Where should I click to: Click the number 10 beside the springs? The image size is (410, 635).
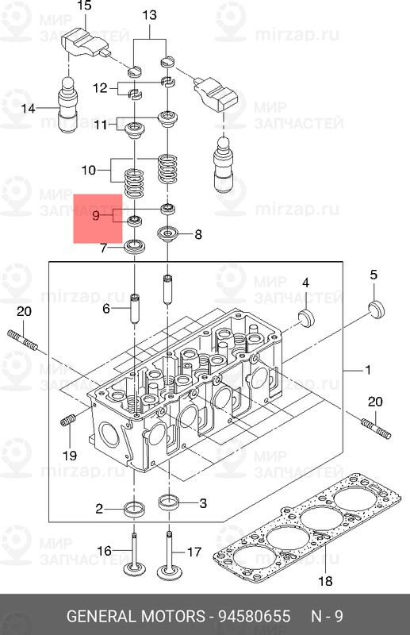click(89, 170)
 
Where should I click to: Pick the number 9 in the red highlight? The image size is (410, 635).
click(97, 215)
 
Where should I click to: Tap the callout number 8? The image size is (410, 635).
click(197, 234)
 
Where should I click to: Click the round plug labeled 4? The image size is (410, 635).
click(305, 318)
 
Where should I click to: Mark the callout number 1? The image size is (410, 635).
click(367, 371)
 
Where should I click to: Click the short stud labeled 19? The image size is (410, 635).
click(68, 420)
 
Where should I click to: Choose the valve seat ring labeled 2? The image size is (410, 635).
click(136, 508)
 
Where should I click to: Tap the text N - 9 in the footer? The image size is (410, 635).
click(328, 617)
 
